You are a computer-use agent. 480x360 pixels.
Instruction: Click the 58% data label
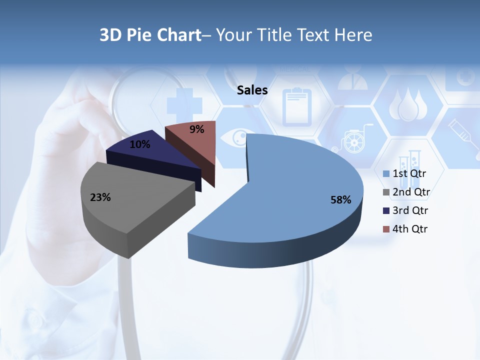[x=340, y=200]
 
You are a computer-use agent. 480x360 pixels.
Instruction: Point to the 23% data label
[x=100, y=197]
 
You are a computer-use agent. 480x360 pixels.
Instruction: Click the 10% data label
[x=139, y=144]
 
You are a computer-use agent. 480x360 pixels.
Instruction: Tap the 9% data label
[x=196, y=129]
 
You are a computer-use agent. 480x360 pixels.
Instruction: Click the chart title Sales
[x=252, y=90]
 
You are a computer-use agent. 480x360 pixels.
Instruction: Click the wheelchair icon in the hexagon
[x=353, y=138]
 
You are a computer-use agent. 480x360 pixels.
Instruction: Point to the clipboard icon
[x=296, y=106]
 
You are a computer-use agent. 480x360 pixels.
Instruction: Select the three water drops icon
[x=408, y=104]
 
